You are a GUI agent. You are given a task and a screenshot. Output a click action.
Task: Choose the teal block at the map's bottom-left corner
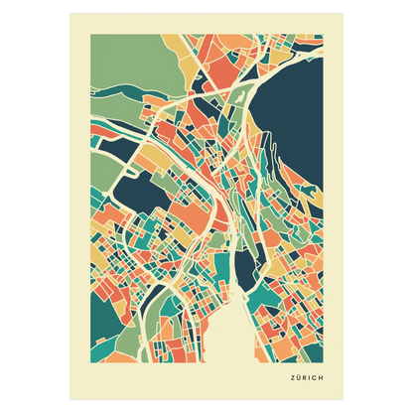(104, 338)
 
